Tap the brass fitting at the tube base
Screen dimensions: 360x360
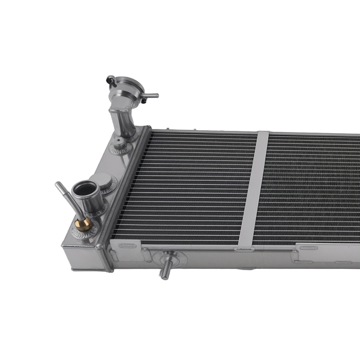(x=84, y=224)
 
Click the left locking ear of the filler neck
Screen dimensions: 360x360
(x=110, y=79)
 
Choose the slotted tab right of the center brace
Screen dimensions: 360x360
(x=308, y=247)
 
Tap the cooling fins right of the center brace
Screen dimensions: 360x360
(x=312, y=186)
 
